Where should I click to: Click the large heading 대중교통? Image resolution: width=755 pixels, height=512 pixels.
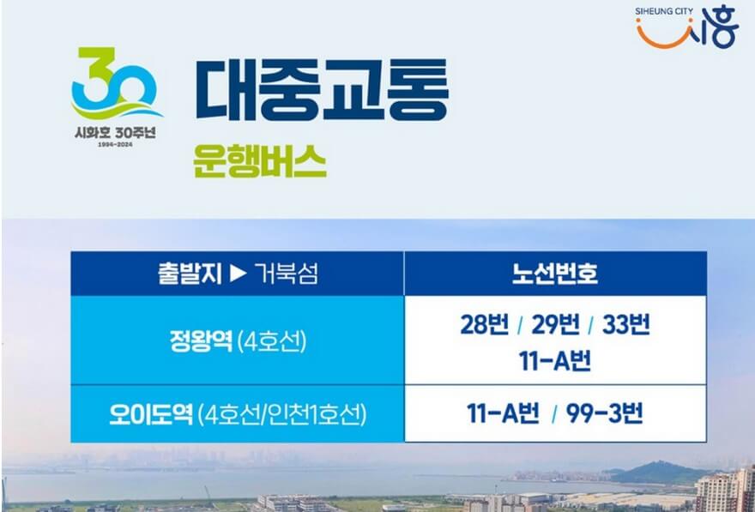[x=322, y=90]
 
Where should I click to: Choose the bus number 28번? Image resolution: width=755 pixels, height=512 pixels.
[x=484, y=326]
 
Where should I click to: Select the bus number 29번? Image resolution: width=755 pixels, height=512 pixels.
[x=556, y=326]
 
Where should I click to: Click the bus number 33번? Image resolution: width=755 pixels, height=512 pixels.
[x=626, y=326]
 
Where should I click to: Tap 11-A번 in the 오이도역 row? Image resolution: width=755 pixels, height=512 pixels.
[x=503, y=414]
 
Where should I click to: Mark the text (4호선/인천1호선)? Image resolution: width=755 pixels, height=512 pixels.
[x=281, y=414]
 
